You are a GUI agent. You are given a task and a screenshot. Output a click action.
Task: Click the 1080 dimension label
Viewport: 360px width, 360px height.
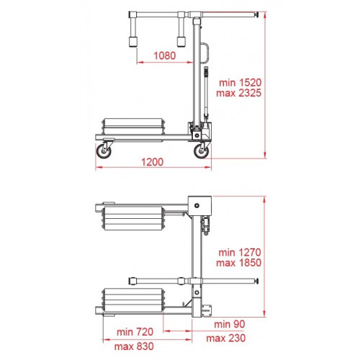165,55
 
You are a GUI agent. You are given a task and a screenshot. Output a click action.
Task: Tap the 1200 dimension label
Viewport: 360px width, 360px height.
153,162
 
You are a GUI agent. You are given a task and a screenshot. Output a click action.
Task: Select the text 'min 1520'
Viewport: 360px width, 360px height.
240,83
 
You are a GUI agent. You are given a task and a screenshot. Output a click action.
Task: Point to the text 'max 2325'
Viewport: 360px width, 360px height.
239,93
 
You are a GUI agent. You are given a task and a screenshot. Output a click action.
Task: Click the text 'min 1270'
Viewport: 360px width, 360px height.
240,253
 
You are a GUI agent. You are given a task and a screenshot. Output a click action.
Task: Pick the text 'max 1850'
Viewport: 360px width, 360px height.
239,263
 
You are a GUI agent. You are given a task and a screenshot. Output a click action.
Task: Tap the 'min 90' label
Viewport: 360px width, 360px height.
230,324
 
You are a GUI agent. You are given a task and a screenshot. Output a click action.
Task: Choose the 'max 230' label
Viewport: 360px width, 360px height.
226,338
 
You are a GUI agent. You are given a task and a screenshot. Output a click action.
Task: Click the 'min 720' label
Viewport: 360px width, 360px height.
135,332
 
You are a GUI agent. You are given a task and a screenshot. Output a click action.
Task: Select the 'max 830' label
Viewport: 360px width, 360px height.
134,346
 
